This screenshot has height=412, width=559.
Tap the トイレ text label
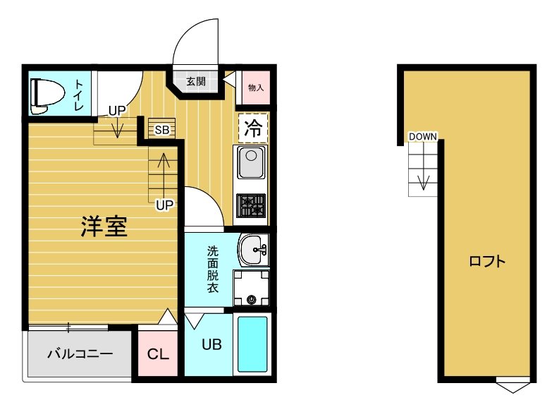(78, 95)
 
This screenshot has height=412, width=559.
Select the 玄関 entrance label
(196, 81)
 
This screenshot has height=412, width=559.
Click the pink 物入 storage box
(255, 88)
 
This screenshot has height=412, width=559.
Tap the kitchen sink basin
(250, 163)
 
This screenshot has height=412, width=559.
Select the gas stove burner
(251, 205)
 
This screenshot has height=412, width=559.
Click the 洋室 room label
(103, 225)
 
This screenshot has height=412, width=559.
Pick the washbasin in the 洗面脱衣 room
(252, 248)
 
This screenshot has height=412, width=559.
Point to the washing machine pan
(252, 289)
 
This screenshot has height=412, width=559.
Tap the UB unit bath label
(212, 345)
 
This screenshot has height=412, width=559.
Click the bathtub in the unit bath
(252, 344)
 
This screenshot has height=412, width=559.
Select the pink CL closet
(159, 353)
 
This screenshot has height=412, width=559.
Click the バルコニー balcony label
(80, 352)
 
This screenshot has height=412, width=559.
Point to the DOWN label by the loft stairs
(423, 136)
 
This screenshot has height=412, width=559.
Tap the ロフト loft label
(487, 262)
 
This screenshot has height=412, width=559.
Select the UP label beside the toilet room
(117, 110)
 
